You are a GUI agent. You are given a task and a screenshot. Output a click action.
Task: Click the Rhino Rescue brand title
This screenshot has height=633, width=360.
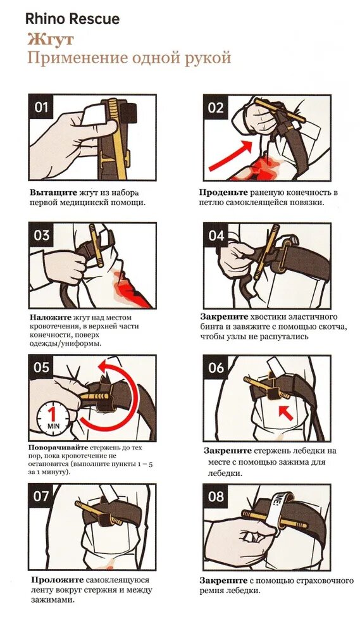[x=72, y=19]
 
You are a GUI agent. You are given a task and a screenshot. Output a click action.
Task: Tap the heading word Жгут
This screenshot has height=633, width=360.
[x=51, y=40]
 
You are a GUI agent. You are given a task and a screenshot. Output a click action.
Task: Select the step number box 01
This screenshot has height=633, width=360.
[x=41, y=108]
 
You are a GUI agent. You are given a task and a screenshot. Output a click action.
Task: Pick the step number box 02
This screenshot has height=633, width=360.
[x=216, y=108]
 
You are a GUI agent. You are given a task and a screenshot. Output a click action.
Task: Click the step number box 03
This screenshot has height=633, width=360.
[x=41, y=235]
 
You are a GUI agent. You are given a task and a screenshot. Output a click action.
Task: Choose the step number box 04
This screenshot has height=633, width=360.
[x=216, y=235]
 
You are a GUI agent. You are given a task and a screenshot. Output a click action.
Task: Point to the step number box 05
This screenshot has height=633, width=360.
[x=41, y=367]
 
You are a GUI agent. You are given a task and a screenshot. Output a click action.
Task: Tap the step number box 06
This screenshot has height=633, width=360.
[x=216, y=367]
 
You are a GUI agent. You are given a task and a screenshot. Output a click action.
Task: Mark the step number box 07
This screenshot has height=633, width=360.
[x=41, y=496]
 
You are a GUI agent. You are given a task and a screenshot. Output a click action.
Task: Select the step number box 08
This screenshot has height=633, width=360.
[x=216, y=496]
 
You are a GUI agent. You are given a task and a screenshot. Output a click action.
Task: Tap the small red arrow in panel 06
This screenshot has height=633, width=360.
[x=285, y=413]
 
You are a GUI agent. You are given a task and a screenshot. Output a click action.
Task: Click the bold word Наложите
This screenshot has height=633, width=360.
[x=50, y=317]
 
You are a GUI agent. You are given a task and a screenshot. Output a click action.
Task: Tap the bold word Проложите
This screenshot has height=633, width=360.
[x=58, y=580]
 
